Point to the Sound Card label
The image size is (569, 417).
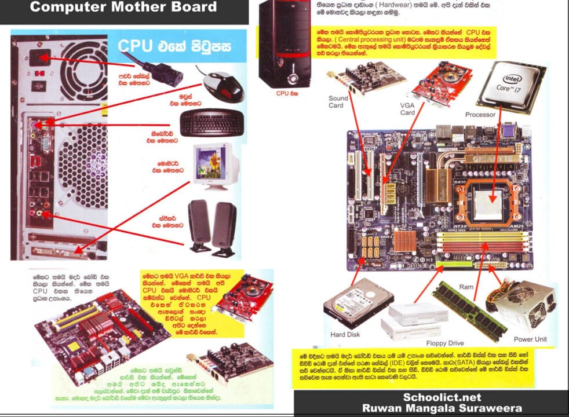pos(338,102)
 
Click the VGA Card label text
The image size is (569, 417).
pos(407,108)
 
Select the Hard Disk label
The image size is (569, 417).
pos(346,334)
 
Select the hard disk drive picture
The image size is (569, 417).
pos(351,304)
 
